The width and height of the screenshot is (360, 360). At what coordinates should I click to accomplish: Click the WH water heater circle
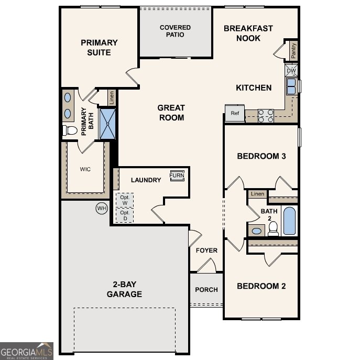point(101,209)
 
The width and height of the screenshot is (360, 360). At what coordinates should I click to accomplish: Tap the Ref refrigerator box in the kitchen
point(235,113)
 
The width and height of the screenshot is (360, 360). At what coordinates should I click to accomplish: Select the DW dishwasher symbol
point(291,70)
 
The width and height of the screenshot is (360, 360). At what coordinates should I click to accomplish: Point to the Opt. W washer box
point(125,200)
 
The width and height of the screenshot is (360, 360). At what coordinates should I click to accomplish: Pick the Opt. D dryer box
point(125,215)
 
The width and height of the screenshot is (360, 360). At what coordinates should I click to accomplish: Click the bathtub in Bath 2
point(289,221)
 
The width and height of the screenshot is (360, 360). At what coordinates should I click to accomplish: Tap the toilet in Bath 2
point(273,228)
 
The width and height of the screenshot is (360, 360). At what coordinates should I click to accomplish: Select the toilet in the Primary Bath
point(69,130)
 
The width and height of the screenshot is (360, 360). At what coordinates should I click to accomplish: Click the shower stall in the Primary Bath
point(107,124)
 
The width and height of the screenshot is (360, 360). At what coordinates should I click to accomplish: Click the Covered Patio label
point(175,31)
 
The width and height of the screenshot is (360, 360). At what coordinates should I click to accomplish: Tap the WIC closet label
point(85,169)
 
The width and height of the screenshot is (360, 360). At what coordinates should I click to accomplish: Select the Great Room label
point(171,113)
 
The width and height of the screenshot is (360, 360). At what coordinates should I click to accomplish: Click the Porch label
point(206,290)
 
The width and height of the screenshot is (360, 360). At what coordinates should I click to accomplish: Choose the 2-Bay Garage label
point(124,289)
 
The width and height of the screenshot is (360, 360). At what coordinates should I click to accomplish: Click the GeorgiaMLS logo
point(26,351)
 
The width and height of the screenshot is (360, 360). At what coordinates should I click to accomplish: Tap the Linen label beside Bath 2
point(257,194)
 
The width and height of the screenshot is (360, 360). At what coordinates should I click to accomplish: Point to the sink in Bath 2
point(257,231)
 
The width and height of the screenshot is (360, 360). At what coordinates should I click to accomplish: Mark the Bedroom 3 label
point(261,156)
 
